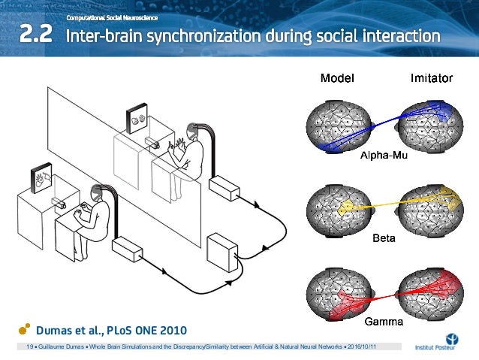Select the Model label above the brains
click(338, 78)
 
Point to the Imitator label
click(431, 78)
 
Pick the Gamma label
click(384, 322)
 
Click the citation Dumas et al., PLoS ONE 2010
click(112, 329)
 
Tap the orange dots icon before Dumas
click(25, 329)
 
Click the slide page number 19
click(31, 348)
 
